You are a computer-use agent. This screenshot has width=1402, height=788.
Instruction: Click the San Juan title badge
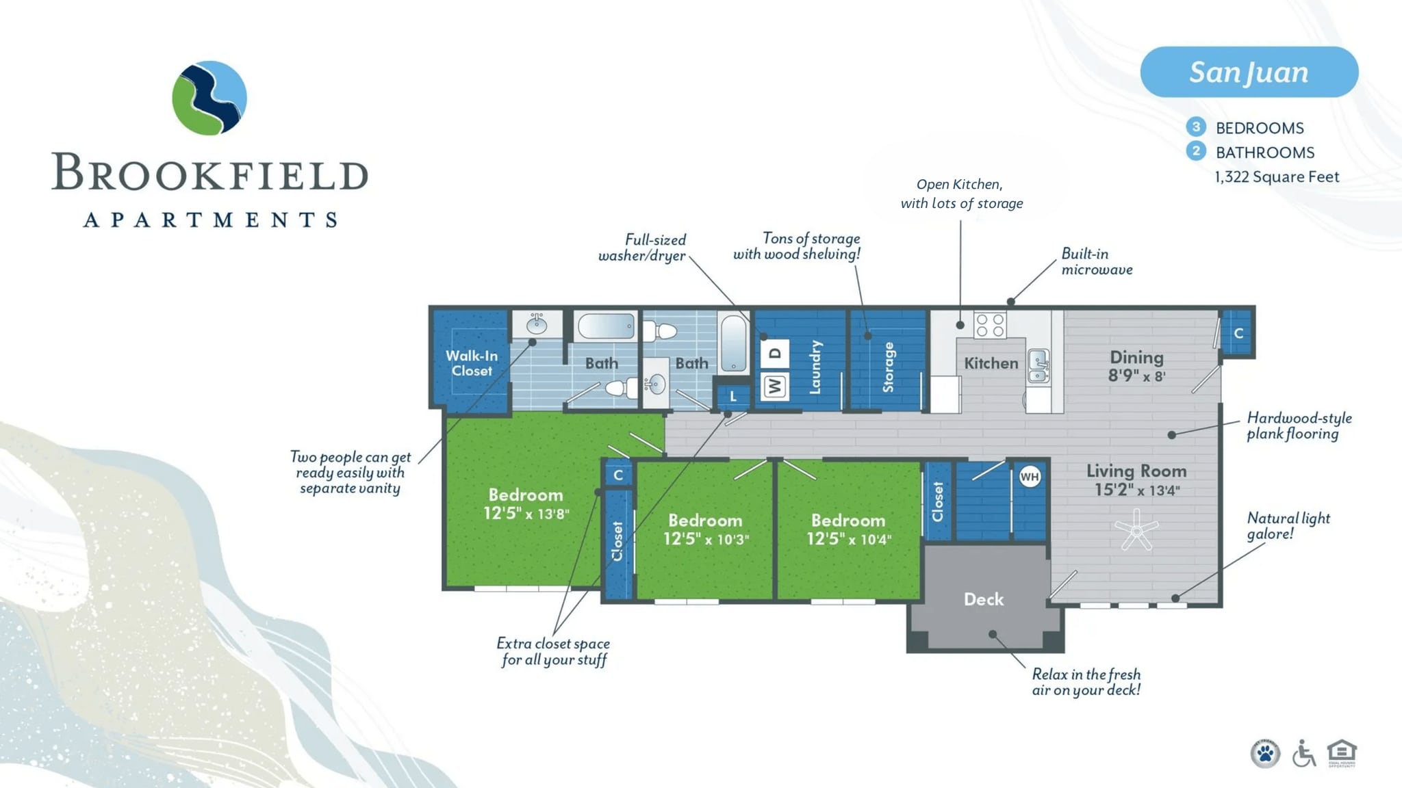(x=1249, y=72)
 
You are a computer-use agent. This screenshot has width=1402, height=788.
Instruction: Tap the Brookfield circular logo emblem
(x=209, y=98)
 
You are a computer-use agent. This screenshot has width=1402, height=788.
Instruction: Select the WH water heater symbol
(x=1030, y=477)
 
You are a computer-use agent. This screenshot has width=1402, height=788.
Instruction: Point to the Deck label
(x=983, y=599)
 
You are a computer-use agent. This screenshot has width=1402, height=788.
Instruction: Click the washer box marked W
(x=774, y=386)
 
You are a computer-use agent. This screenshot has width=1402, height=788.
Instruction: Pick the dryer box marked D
(x=774, y=353)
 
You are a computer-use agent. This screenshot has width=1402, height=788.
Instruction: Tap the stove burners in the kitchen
(x=990, y=325)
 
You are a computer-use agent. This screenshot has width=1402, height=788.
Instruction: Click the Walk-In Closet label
(x=472, y=363)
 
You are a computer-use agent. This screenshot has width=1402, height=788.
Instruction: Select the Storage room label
(x=888, y=367)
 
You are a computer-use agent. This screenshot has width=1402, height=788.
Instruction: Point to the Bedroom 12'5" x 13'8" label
(x=526, y=504)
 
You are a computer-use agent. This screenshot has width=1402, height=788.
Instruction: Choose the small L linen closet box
(x=732, y=396)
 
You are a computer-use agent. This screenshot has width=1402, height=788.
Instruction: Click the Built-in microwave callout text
(x=1096, y=261)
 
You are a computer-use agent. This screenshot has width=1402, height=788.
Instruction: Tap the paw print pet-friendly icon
(x=1265, y=754)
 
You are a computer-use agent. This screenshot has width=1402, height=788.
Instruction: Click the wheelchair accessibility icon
(x=1303, y=754)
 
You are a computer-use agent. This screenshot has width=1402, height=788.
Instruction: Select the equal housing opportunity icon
(x=1342, y=752)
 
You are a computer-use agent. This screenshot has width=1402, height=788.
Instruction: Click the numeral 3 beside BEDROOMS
(x=1195, y=127)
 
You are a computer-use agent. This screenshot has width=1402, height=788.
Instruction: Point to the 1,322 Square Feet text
(x=1277, y=176)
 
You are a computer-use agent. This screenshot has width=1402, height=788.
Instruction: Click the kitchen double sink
(x=1038, y=366)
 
